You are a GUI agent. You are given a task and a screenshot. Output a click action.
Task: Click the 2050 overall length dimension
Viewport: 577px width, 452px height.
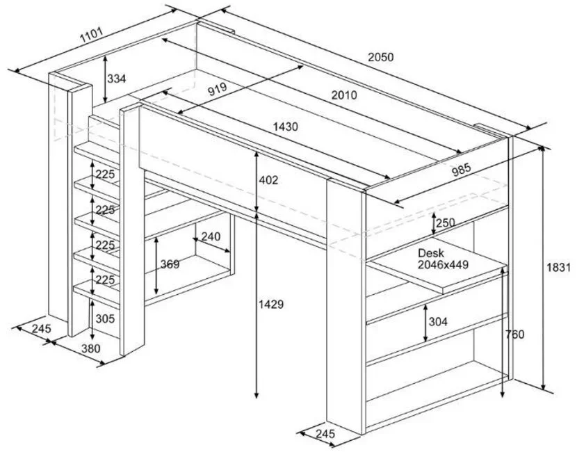point(381,57)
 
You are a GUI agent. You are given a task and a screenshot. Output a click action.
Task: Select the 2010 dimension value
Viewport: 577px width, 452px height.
point(344,95)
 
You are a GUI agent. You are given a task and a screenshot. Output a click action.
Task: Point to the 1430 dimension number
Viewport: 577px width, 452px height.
point(286,127)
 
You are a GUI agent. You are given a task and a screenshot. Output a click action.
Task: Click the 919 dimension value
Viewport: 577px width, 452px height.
point(218,89)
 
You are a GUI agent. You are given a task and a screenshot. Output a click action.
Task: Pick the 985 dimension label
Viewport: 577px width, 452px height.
point(461,170)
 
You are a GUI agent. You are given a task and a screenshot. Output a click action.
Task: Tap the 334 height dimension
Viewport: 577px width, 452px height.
point(116,79)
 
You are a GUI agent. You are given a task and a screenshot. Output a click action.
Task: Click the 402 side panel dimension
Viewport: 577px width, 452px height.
point(268,180)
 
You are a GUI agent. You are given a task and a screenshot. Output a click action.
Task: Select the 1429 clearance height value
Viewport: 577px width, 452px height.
point(271,305)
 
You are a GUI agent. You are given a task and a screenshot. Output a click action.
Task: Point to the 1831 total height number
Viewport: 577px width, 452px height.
point(558,268)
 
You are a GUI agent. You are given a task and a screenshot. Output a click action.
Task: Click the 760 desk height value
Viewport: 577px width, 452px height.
point(514,334)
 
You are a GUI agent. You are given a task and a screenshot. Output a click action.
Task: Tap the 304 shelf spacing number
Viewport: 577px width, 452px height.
point(438,322)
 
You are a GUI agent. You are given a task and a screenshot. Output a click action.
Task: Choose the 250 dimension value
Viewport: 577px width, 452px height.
point(445,223)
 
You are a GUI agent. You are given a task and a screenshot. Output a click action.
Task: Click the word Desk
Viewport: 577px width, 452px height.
point(430,253)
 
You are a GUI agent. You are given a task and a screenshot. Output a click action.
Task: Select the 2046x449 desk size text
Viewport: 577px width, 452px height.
point(443,264)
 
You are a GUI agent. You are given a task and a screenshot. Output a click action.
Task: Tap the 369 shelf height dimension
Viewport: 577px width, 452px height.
point(170,264)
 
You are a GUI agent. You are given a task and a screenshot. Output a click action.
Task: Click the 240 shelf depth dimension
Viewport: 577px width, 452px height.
point(211,236)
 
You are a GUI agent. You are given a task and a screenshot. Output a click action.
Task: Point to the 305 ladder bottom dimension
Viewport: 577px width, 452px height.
point(105,318)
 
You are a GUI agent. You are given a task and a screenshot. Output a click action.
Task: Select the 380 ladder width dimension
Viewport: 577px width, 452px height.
point(90,348)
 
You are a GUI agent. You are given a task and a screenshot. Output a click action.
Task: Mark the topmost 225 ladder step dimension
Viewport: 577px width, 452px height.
point(105,174)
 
